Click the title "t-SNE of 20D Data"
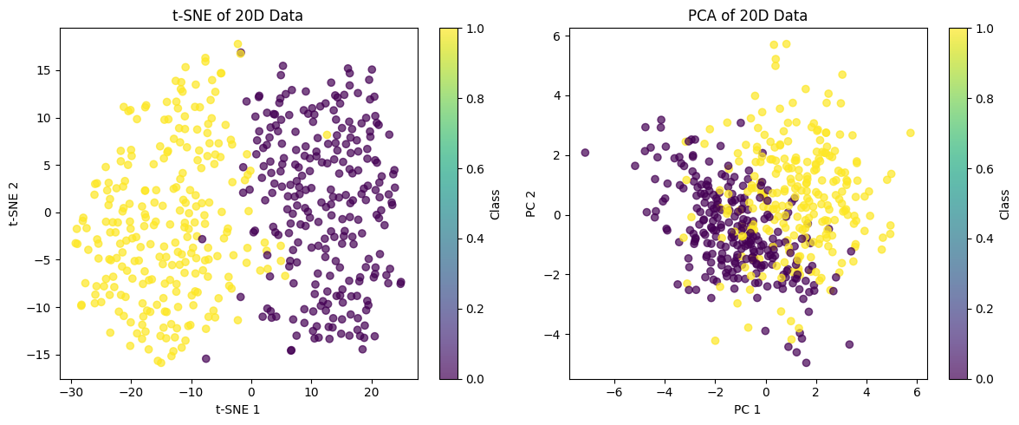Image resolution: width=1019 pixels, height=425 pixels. point(238,15)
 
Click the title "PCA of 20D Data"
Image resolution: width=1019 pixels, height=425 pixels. point(748,15)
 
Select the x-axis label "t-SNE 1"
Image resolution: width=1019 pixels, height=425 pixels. point(238,409)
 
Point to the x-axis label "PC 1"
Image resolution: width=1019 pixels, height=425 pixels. point(748,409)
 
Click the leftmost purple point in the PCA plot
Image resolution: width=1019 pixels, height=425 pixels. point(585,153)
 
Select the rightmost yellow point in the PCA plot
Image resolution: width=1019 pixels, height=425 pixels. point(910,133)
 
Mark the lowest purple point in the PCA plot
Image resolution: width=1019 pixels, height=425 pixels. point(806,363)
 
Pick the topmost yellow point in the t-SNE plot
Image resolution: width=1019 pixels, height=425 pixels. point(237,44)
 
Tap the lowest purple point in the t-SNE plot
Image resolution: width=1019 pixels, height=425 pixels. point(205,358)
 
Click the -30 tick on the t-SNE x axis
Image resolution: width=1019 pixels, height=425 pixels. point(71,393)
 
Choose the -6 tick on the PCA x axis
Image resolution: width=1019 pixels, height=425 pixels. point(614,393)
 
